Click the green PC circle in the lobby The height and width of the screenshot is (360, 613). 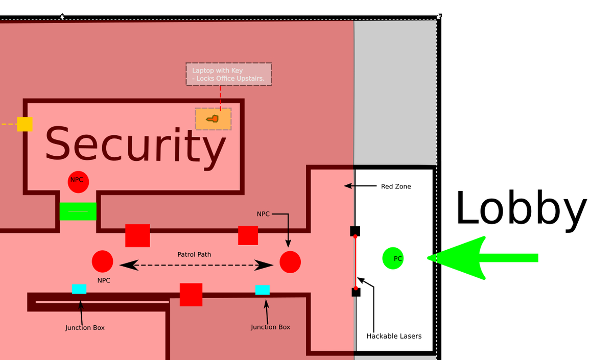(x=393, y=258)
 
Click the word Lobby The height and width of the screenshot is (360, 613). (x=521, y=208)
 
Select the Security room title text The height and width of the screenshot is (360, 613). (x=135, y=145)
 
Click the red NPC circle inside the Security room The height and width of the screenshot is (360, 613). (x=78, y=182)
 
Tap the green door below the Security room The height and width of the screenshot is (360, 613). (x=78, y=211)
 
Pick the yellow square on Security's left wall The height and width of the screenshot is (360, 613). (x=25, y=124)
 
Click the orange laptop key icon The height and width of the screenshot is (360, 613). (x=213, y=119)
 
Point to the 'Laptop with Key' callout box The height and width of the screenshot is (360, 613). (x=228, y=74)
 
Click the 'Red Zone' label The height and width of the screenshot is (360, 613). (x=396, y=186)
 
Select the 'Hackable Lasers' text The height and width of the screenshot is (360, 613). (x=394, y=336)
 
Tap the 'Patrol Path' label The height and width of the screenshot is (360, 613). (x=194, y=254)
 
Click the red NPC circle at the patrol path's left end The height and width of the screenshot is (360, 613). (x=102, y=261)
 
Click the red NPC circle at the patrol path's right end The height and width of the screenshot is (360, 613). (x=290, y=262)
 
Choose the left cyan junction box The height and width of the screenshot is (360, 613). (x=79, y=289)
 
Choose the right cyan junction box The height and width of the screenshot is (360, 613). (x=263, y=290)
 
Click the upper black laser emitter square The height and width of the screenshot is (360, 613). (x=355, y=231)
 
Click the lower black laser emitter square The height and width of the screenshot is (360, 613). (x=356, y=292)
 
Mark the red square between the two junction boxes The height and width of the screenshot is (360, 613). (x=191, y=295)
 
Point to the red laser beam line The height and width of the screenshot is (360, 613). (x=355, y=261)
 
